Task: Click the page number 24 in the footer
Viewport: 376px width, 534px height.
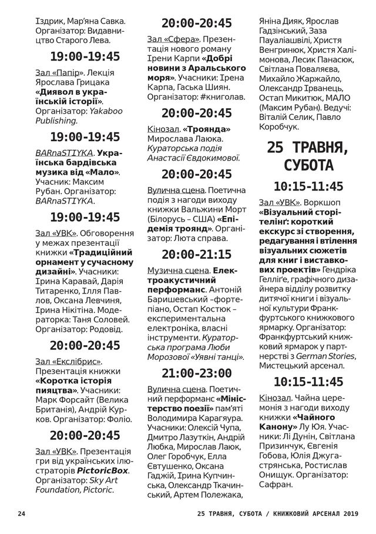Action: point(22,513)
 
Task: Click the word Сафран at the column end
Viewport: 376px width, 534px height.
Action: point(276,485)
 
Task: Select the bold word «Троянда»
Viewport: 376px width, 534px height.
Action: point(206,129)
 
